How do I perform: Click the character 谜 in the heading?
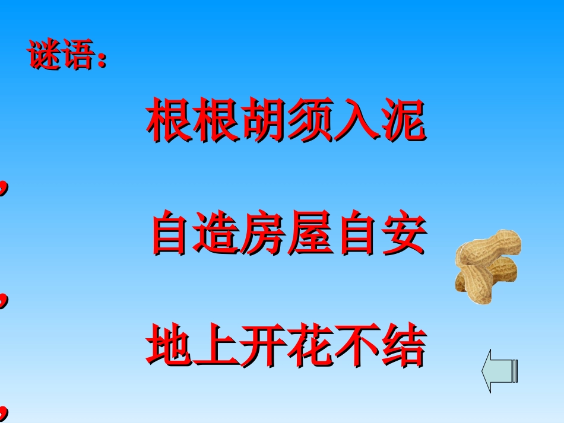(45, 56)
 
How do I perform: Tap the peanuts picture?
(488, 266)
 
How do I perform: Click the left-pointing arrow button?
(500, 371)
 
